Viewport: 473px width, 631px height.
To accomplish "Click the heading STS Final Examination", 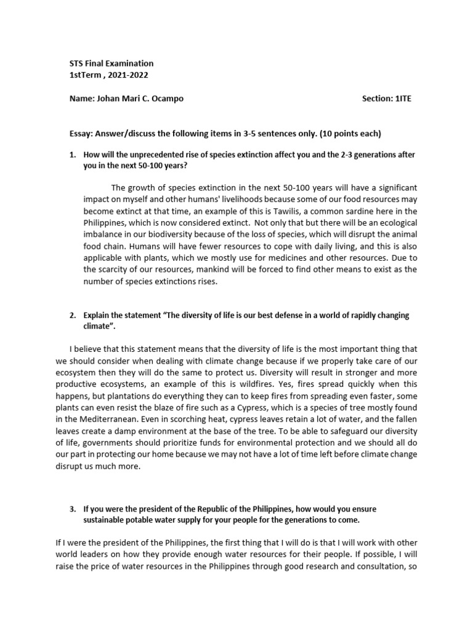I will [111, 63].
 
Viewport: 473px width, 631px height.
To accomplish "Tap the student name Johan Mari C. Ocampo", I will [140, 99].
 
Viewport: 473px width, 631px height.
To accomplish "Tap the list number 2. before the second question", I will [73, 315].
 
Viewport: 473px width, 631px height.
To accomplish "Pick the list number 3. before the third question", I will [73, 509].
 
